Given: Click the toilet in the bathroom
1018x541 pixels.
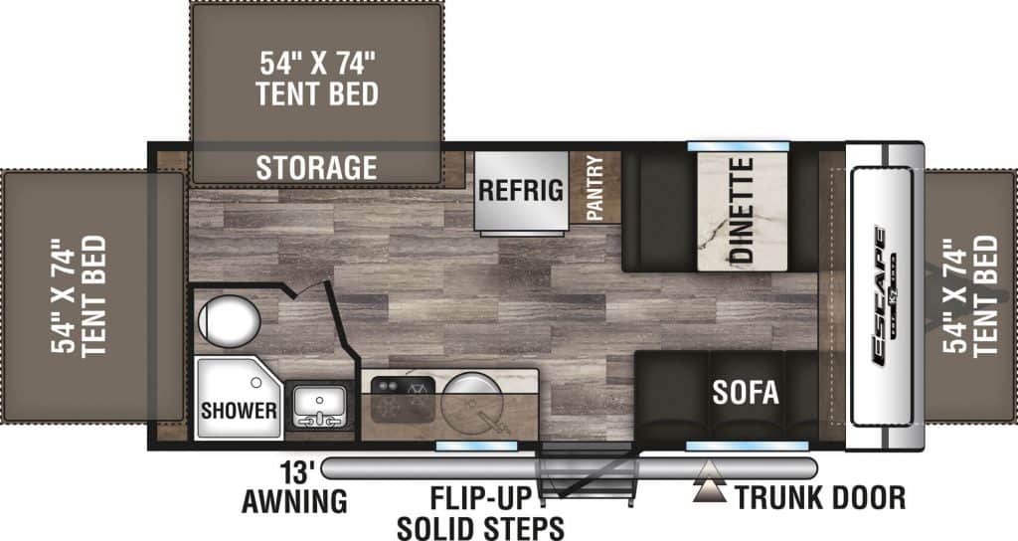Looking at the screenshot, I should coord(229,321).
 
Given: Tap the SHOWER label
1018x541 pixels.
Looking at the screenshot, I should coord(239,410).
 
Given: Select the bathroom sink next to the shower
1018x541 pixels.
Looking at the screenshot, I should coord(318,410).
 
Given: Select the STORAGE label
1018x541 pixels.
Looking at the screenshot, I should coord(316,167).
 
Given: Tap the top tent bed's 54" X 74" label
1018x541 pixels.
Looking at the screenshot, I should coord(316,80).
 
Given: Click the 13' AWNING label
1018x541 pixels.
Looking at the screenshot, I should coord(294,487).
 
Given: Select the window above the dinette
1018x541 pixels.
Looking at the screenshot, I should coord(738,146).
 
